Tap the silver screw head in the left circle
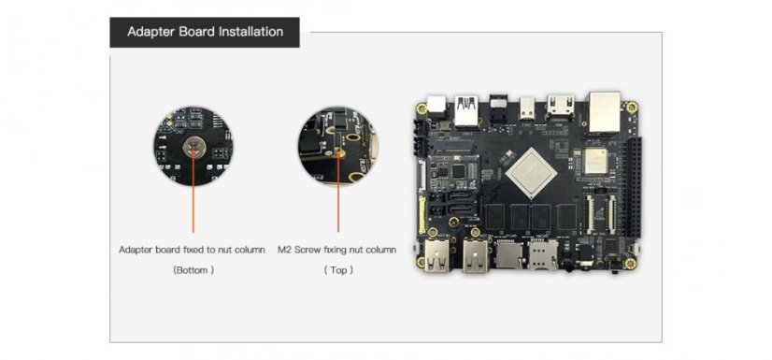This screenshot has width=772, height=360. (193, 147)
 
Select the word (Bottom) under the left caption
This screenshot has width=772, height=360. (193, 270)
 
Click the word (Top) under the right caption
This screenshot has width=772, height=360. (337, 270)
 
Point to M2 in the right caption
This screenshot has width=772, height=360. (286, 250)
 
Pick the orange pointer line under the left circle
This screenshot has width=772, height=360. (193, 201)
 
